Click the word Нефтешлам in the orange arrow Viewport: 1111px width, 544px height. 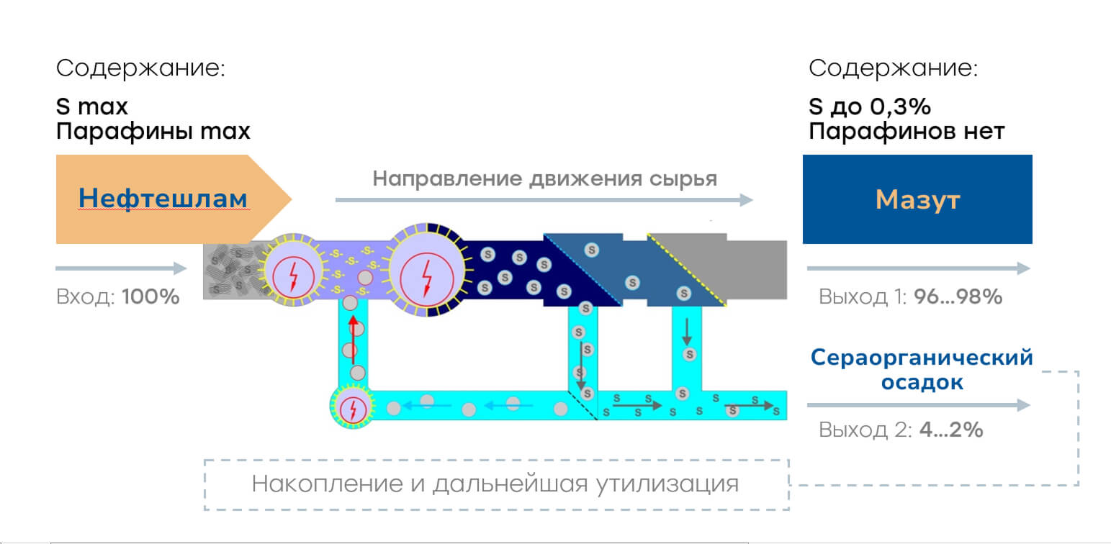click(163, 199)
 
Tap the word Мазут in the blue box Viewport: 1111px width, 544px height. click(917, 200)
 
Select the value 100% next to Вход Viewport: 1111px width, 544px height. click(150, 296)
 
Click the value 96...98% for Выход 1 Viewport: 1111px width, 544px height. click(958, 296)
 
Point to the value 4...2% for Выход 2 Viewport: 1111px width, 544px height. click(951, 430)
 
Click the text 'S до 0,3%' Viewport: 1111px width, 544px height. click(870, 106)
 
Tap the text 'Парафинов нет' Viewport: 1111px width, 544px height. click(907, 132)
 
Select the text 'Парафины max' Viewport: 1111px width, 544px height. click(153, 132)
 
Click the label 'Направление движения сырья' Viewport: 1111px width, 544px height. click(544, 178)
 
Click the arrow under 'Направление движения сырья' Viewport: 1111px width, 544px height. click(544, 200)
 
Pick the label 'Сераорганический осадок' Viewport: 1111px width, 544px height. click(922, 369)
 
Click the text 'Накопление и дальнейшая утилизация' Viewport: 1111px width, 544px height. click(495, 484)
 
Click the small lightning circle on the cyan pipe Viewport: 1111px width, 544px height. click(353, 407)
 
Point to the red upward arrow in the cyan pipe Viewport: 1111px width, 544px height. click(353, 340)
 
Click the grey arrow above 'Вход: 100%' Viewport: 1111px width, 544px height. click(121, 268)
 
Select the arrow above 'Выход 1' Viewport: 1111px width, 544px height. click(919, 268)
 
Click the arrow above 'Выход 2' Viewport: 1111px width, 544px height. click(919, 405)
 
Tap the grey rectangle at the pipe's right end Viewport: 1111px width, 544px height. click(756, 270)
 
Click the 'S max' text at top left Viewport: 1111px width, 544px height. click(91, 106)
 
